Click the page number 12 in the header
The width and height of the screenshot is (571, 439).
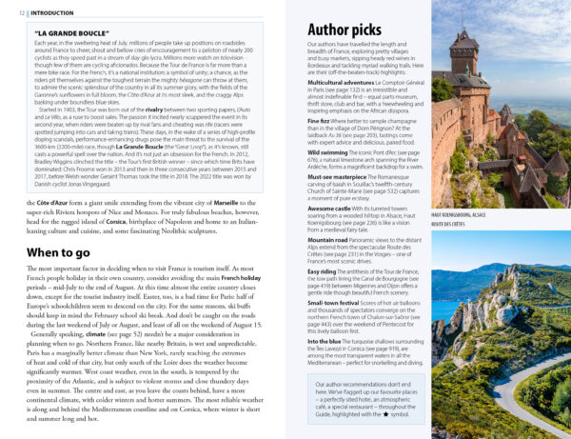(11, 13)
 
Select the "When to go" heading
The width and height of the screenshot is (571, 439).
(59, 252)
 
